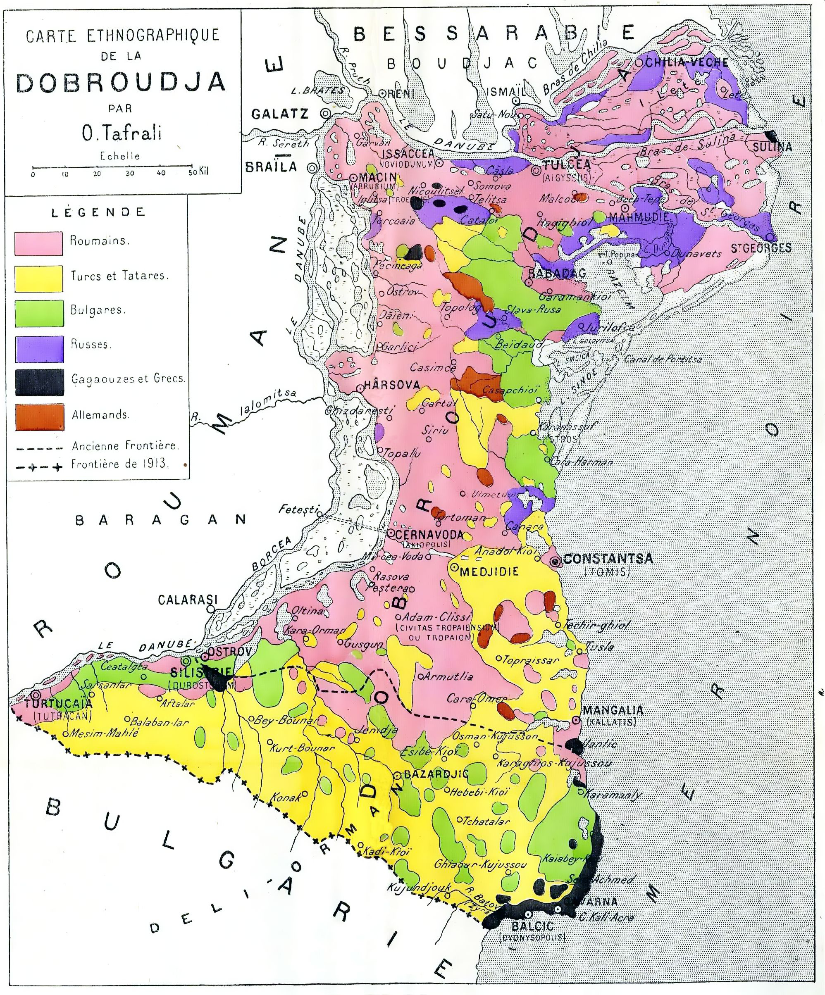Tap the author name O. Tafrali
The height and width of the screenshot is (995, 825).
tap(121, 133)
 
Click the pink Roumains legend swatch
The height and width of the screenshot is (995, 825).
tap(39, 243)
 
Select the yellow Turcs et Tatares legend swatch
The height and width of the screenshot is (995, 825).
tap(39, 278)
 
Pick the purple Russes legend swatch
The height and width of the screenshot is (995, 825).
tap(39, 348)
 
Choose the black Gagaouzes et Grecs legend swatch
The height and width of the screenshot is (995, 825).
tap(39, 382)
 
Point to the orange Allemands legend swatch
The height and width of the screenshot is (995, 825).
tap(39, 417)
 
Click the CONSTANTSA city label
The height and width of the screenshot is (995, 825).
tap(608, 559)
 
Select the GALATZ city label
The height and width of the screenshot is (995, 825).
tap(279, 114)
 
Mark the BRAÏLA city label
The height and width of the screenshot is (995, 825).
tap(271, 167)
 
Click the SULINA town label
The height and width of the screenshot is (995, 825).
tap(773, 147)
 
